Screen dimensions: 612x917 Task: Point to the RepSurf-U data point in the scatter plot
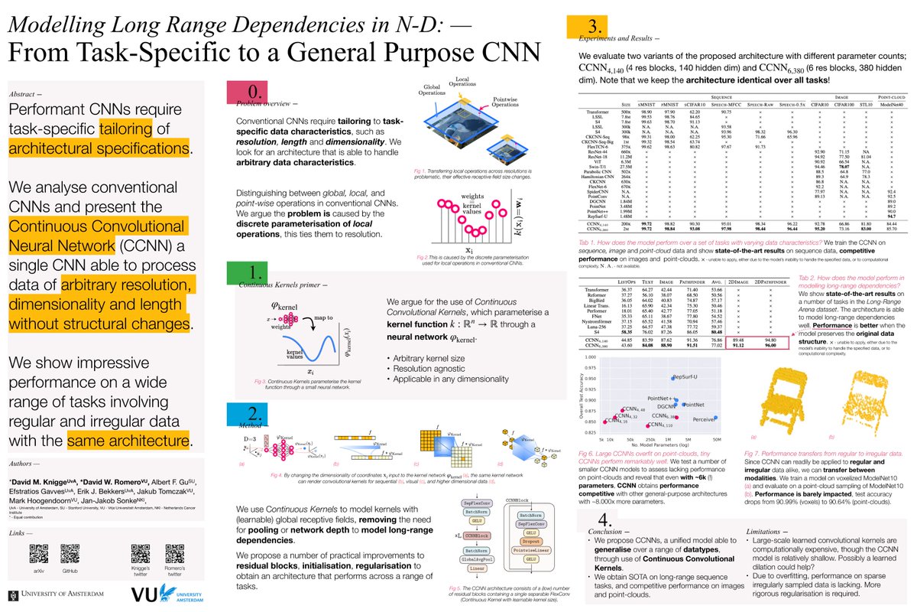672,378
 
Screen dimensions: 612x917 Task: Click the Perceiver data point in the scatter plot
714,418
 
